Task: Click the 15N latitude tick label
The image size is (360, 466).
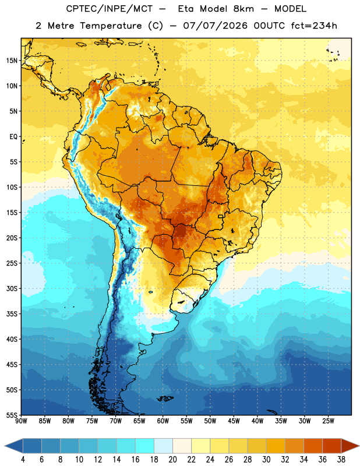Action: (x=12, y=61)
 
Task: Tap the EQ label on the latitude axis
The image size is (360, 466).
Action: (x=13, y=137)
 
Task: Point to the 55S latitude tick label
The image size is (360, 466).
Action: (x=12, y=415)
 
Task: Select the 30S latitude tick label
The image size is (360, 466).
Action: (x=12, y=288)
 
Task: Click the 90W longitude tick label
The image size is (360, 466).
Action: (x=21, y=421)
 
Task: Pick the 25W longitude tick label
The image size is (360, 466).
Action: (x=328, y=421)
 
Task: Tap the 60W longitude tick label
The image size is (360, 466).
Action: (x=163, y=421)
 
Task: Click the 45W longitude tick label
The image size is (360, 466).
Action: (x=234, y=421)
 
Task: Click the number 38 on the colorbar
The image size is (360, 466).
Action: (x=341, y=460)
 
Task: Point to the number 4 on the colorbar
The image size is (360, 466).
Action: (x=23, y=460)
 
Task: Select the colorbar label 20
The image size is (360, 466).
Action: (x=172, y=460)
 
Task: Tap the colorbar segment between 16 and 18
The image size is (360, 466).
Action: (x=145, y=446)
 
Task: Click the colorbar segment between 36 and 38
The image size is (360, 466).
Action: (x=332, y=446)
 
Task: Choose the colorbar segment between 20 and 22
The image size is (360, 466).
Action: (x=182, y=446)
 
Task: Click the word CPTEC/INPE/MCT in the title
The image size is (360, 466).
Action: (x=110, y=9)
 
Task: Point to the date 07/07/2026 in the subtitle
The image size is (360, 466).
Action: (x=215, y=26)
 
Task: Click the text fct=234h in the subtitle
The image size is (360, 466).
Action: (x=314, y=26)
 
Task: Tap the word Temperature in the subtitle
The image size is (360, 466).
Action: (x=111, y=26)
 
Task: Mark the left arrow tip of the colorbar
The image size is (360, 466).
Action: (x=5, y=446)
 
